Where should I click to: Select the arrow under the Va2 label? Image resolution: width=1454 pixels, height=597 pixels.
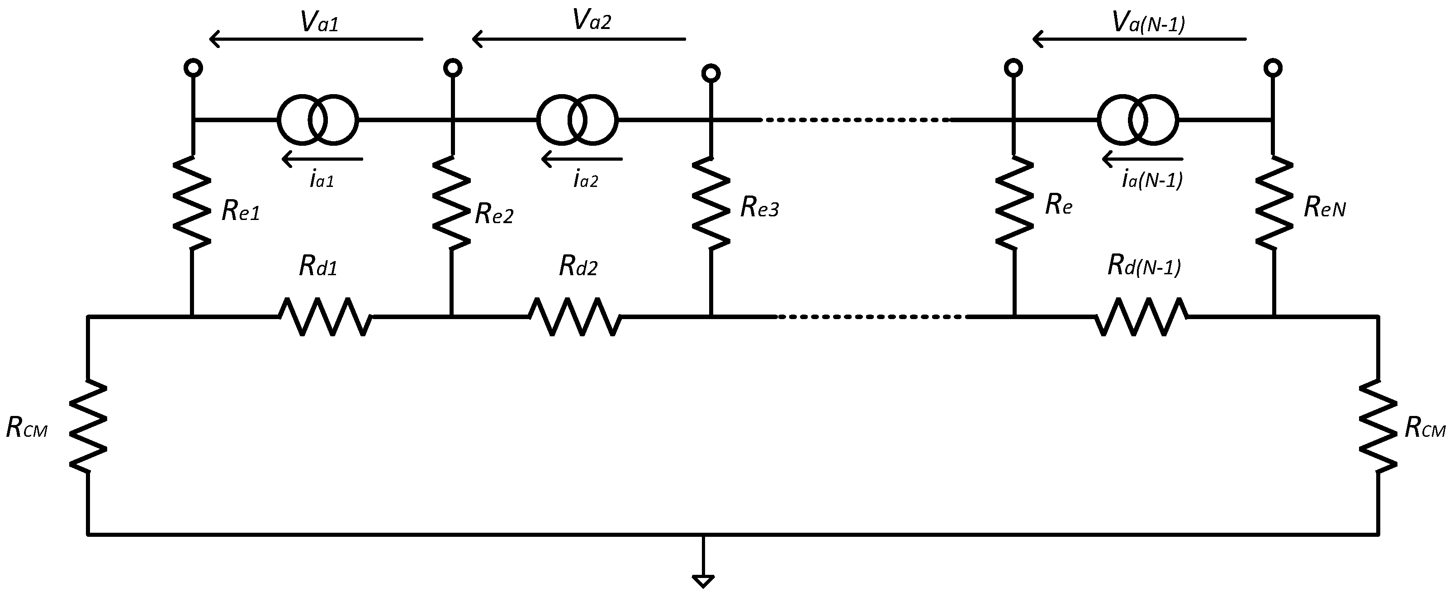pyautogui.click(x=578, y=39)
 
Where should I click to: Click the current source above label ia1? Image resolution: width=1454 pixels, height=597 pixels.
pyautogui.click(x=317, y=120)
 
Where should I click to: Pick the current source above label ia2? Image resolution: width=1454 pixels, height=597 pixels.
pyautogui.click(x=578, y=120)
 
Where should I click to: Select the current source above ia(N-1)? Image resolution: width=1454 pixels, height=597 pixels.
pyautogui.click(x=1138, y=120)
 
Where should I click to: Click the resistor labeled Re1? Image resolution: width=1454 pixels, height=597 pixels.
pyautogui.click(x=192, y=202)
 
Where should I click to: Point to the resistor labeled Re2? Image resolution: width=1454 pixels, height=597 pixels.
pyautogui.click(x=451, y=202)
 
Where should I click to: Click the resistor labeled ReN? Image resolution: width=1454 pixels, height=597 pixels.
pyautogui.click(x=1274, y=202)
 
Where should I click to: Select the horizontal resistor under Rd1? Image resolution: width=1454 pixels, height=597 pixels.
pyautogui.click(x=326, y=317)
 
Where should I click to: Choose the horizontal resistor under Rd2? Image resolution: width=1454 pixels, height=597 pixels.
pyautogui.click(x=575, y=317)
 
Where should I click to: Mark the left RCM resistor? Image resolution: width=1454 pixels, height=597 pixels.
pyautogui.click(x=88, y=425)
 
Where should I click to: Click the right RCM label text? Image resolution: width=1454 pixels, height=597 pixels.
pyautogui.click(x=1425, y=429)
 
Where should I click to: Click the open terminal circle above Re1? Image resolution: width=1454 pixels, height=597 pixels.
pyautogui.click(x=194, y=68)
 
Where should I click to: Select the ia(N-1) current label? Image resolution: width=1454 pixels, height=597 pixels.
pyautogui.click(x=1151, y=180)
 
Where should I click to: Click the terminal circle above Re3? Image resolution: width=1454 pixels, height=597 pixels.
pyautogui.click(x=711, y=73)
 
